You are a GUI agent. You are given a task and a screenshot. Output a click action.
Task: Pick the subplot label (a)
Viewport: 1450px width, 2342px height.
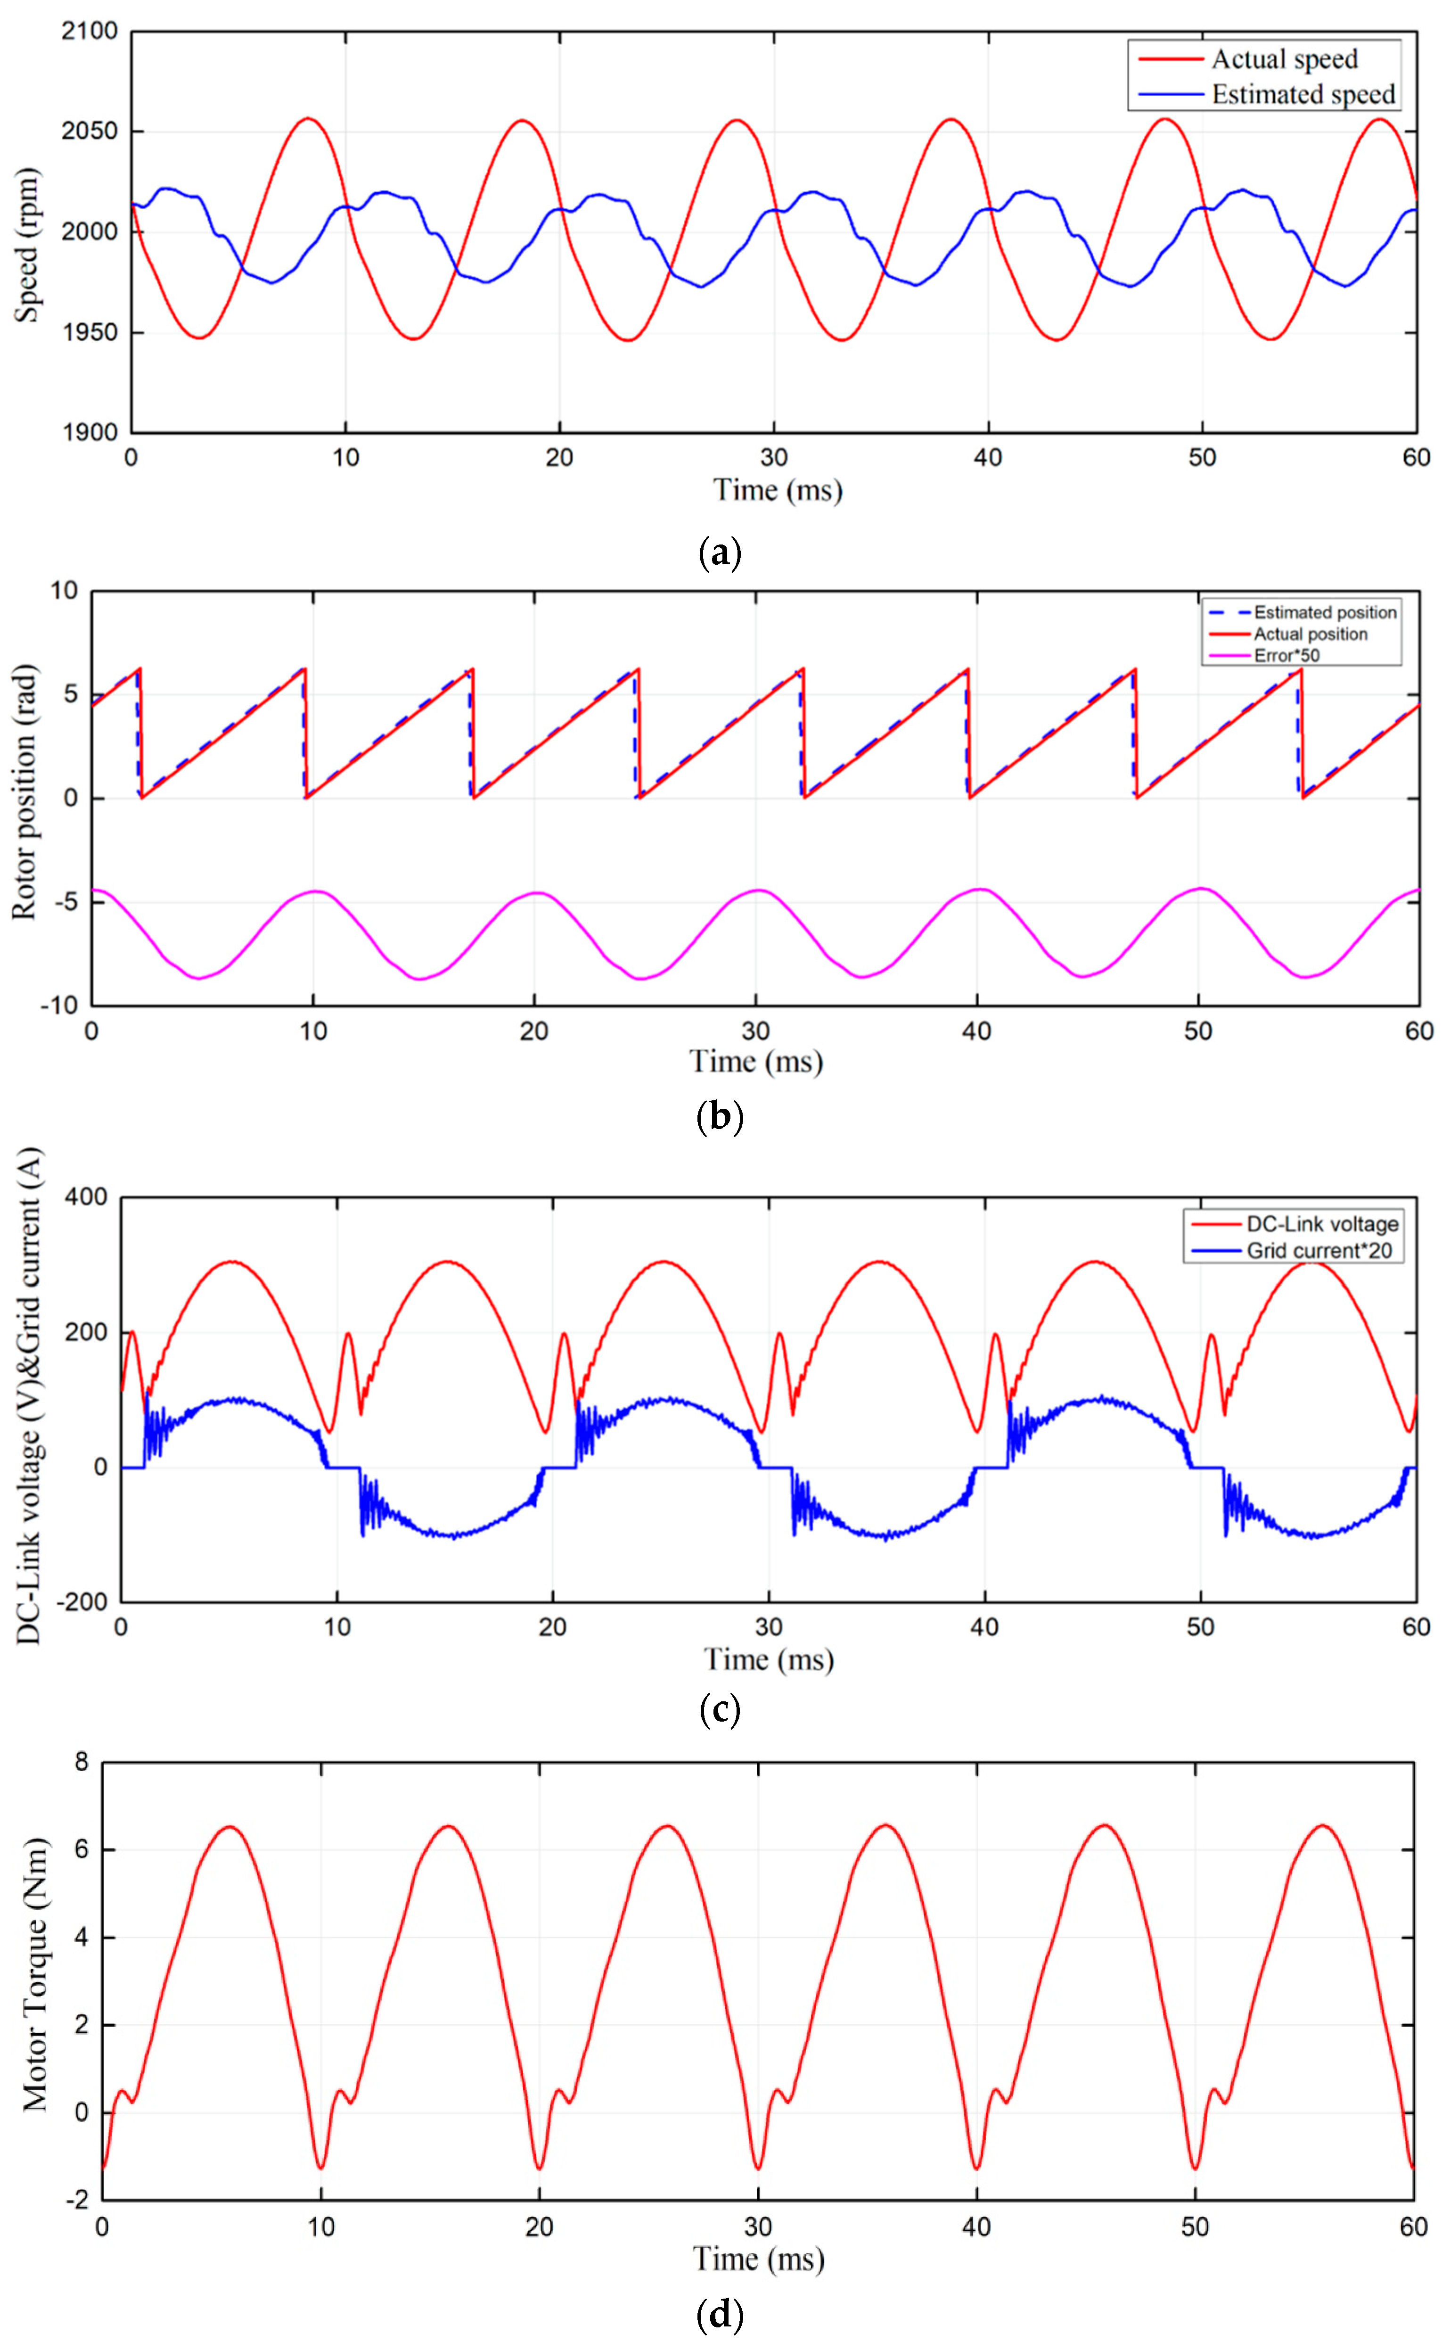[719, 553]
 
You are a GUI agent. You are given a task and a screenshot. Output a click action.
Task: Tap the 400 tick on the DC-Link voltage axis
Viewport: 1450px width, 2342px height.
[86, 1198]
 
